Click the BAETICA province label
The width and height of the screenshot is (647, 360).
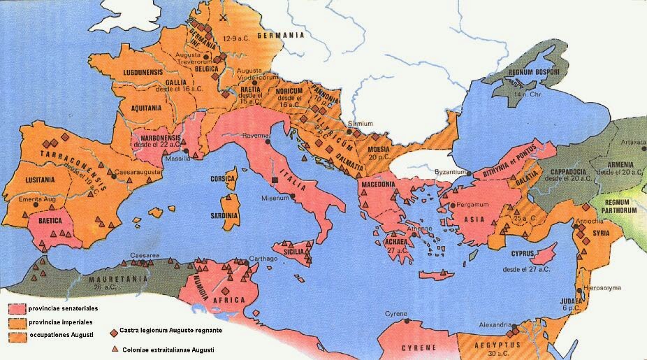click(x=50, y=219)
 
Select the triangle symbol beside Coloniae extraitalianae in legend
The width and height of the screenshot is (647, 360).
click(x=113, y=349)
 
